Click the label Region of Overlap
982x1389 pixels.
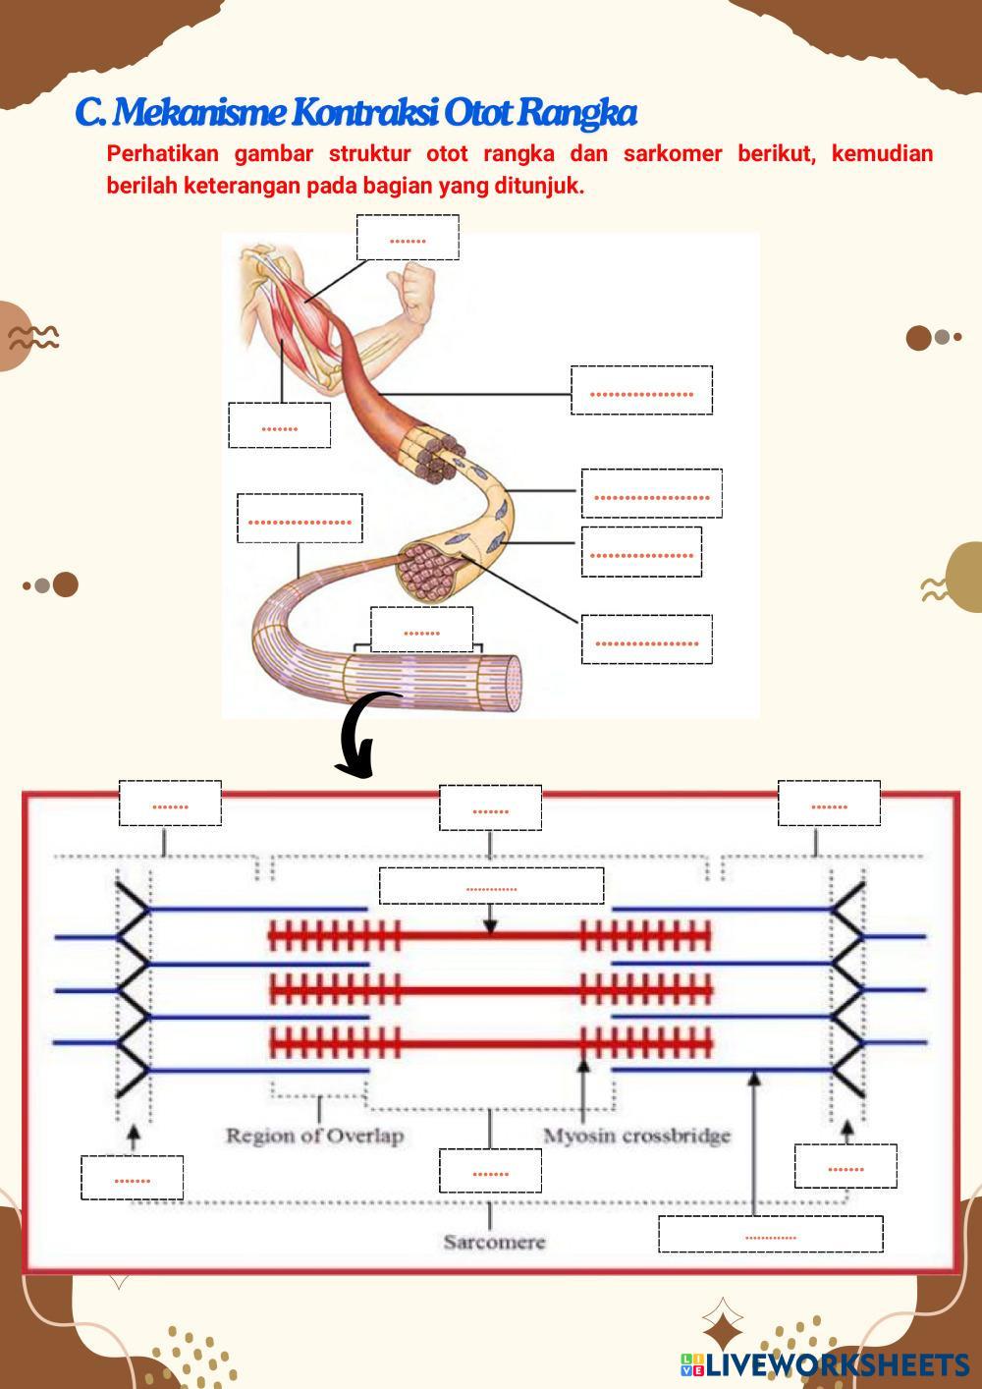point(314,1136)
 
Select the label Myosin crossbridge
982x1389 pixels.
point(637,1136)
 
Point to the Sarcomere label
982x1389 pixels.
point(494,1242)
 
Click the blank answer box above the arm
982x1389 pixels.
point(408,238)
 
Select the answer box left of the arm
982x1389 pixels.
point(280,425)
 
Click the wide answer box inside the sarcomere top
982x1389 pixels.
point(491,886)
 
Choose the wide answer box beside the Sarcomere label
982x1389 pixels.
point(770,1234)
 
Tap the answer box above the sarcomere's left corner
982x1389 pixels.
point(170,804)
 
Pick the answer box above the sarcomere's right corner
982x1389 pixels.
point(829,804)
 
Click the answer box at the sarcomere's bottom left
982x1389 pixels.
point(132,1178)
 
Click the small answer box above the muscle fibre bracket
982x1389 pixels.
point(421,630)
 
